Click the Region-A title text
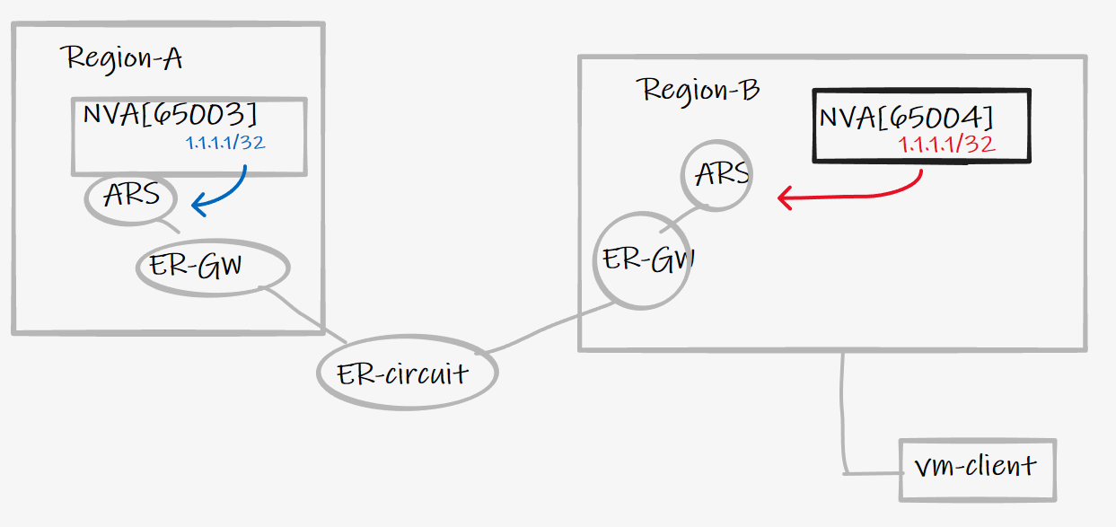[x=124, y=59]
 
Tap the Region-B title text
[x=699, y=90]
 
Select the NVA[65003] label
[x=170, y=115]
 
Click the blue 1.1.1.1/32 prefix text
[x=225, y=142]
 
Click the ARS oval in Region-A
[x=131, y=197]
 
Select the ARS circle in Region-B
[x=716, y=173]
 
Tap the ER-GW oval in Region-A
[x=214, y=267]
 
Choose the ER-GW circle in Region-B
[x=643, y=260]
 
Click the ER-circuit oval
[x=407, y=373]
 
